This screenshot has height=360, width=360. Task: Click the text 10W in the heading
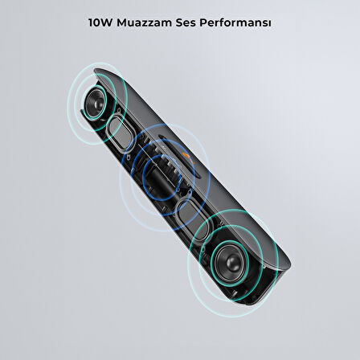pos(100,24)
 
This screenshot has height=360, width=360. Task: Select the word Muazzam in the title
pos(142,24)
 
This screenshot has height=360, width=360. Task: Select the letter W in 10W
pos(107,24)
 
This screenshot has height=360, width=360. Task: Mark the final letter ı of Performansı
pos(268,24)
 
